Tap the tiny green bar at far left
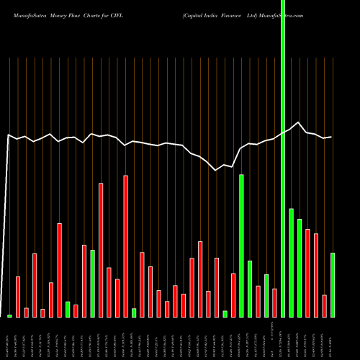[x=10, y=315]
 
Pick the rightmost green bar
[x=333, y=285]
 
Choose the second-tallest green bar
[x=241, y=246]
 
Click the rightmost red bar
[x=325, y=306]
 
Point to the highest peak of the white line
[x=299, y=122]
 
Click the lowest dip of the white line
[x=216, y=170]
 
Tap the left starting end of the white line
[x=8, y=135]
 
